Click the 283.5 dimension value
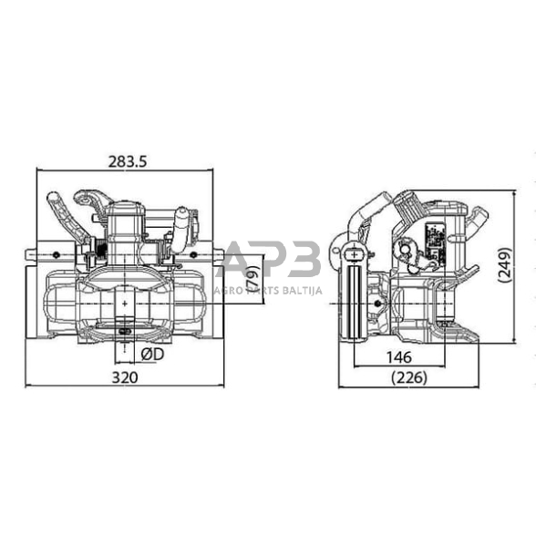click(x=127, y=161)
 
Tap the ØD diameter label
click(x=151, y=353)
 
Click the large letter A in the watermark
click(x=239, y=259)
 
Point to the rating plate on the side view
click(x=436, y=234)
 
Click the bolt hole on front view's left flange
click(x=58, y=253)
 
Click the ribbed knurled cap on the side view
click(x=477, y=220)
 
